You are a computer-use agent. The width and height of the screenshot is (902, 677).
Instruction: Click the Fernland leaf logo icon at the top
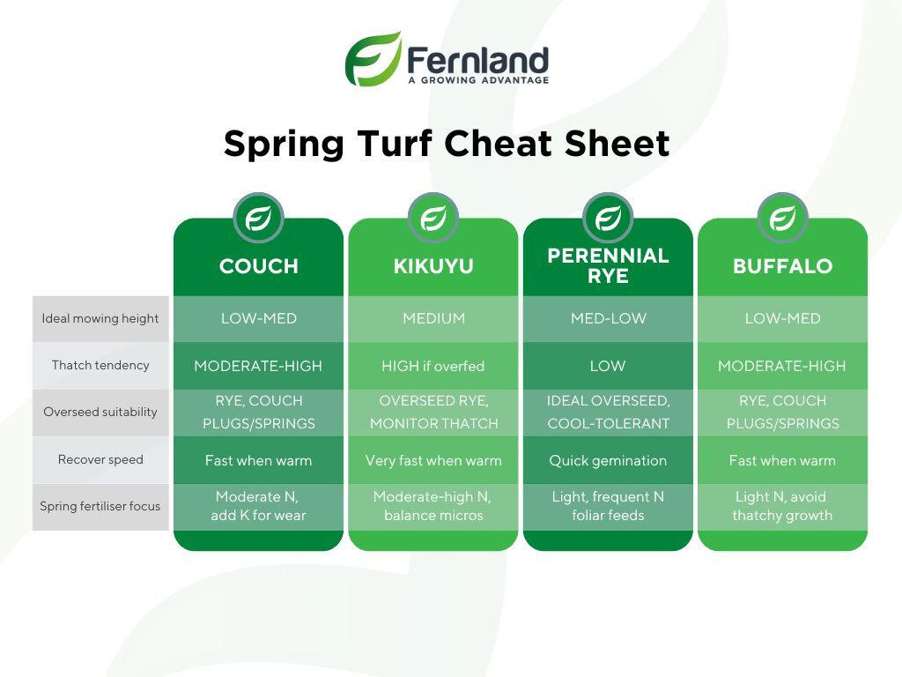(x=373, y=59)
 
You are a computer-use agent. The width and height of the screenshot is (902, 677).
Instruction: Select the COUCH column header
(x=259, y=266)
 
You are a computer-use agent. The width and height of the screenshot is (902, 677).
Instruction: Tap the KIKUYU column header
(x=433, y=266)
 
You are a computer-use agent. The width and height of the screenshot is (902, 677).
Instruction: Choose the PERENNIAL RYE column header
(x=608, y=265)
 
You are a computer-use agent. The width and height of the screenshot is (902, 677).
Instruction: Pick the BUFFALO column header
(x=782, y=266)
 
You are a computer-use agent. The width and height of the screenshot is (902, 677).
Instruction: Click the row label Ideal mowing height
(x=100, y=318)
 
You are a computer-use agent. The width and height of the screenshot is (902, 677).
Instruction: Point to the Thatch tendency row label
(x=100, y=365)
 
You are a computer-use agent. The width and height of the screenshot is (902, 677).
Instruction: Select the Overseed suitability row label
(x=100, y=413)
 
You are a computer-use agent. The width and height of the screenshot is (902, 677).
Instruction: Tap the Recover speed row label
(x=100, y=459)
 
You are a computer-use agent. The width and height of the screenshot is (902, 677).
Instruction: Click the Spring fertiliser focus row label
(x=100, y=506)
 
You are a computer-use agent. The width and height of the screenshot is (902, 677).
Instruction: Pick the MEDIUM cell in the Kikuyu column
(x=433, y=318)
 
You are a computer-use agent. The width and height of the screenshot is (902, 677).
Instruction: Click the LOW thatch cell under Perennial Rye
(x=608, y=366)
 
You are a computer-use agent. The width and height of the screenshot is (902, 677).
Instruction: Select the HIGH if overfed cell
(x=433, y=366)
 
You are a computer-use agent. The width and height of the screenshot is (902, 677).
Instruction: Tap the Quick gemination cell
(x=608, y=460)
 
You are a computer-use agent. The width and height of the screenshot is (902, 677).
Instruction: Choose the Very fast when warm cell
(x=433, y=460)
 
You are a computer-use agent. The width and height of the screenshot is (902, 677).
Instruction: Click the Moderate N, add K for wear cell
(x=258, y=505)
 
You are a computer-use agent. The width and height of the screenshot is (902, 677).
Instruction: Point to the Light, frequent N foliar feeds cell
(x=608, y=505)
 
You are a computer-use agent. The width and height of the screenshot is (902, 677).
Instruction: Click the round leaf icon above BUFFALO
(x=782, y=219)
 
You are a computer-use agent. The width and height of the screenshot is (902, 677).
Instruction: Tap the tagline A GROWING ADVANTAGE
(x=478, y=80)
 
